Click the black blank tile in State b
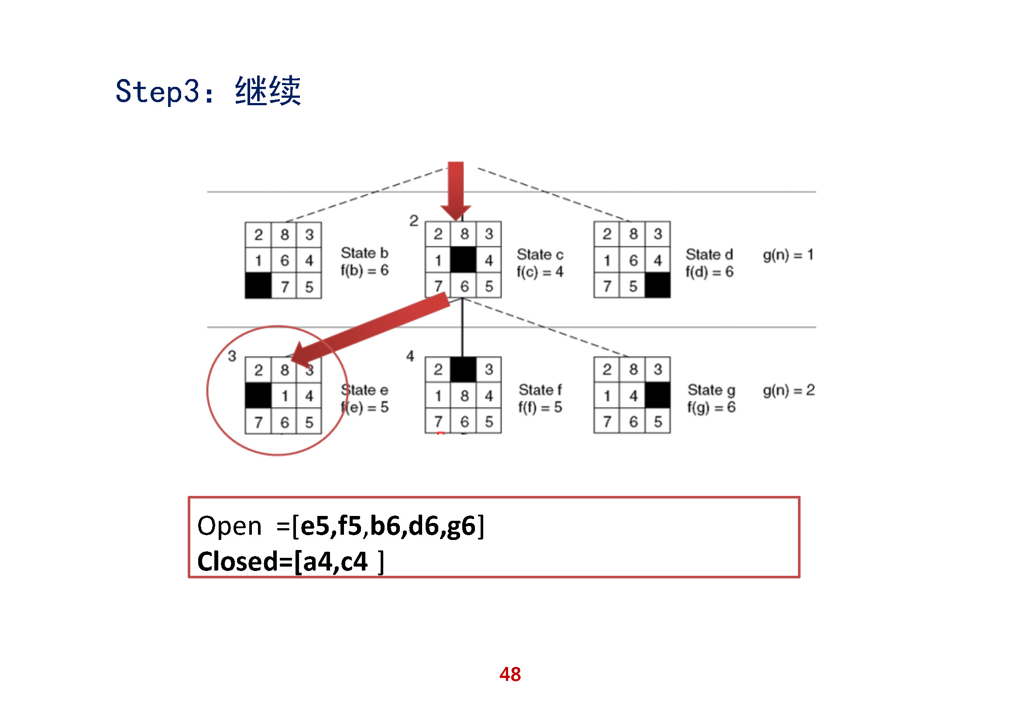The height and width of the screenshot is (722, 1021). tap(258, 286)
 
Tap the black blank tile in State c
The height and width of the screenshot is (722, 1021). tap(464, 260)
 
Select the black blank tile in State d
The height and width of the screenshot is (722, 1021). tap(658, 285)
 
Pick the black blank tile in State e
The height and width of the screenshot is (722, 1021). tap(258, 395)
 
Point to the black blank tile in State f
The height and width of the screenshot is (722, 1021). tap(464, 369)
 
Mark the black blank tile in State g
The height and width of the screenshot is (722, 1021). tap(658, 395)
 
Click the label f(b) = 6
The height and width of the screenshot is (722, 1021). tap(364, 270)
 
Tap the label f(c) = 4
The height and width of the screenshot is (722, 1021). tap(540, 272)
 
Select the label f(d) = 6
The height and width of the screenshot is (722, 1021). tap(709, 272)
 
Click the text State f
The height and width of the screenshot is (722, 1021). tap(540, 390)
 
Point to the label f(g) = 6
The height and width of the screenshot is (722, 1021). tap(711, 407)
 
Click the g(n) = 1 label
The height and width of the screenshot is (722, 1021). tap(788, 255)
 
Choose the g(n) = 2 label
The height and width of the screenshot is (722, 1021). tap(788, 390)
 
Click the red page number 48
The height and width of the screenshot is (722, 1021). tap(510, 674)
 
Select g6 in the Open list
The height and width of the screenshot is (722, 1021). tap(461, 526)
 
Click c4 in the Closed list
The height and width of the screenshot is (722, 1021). tap(354, 561)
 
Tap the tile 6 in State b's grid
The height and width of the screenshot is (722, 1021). tap(285, 261)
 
